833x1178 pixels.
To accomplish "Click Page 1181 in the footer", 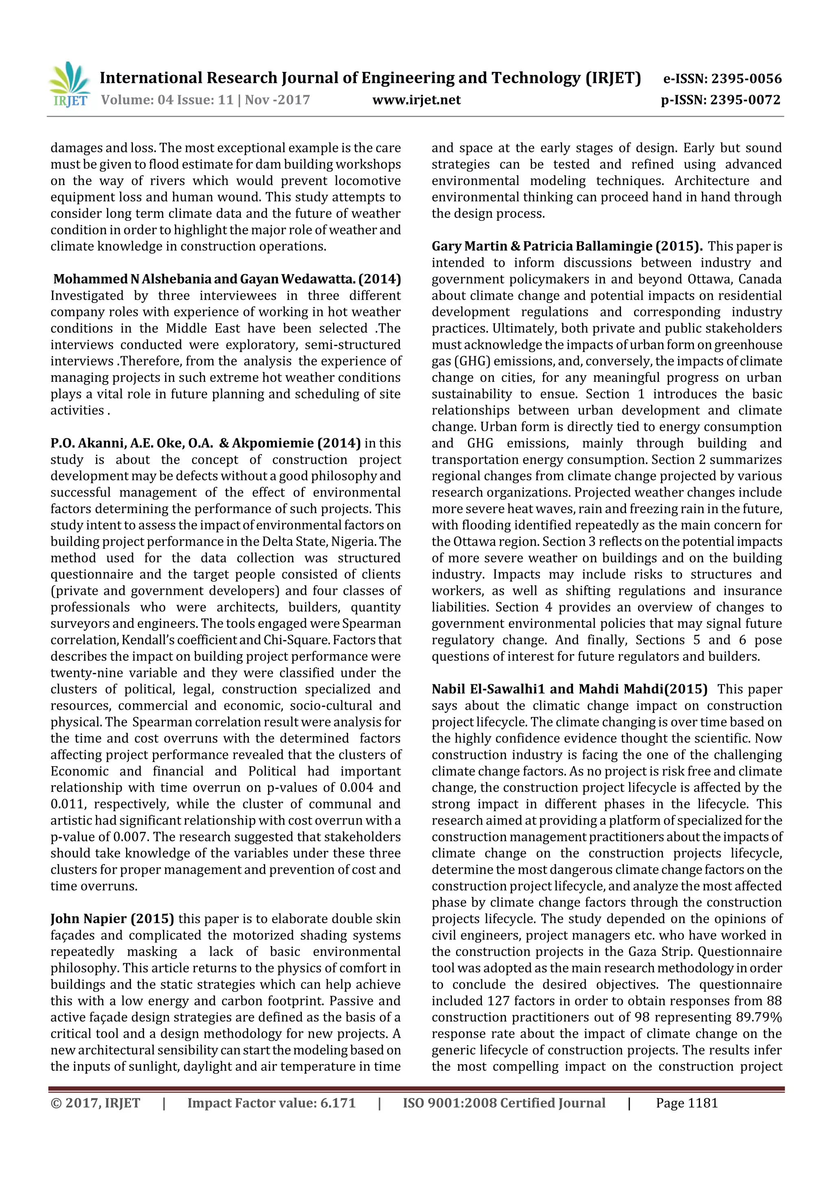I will click(x=686, y=1103).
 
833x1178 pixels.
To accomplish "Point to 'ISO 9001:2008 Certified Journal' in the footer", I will click(x=504, y=1103).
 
